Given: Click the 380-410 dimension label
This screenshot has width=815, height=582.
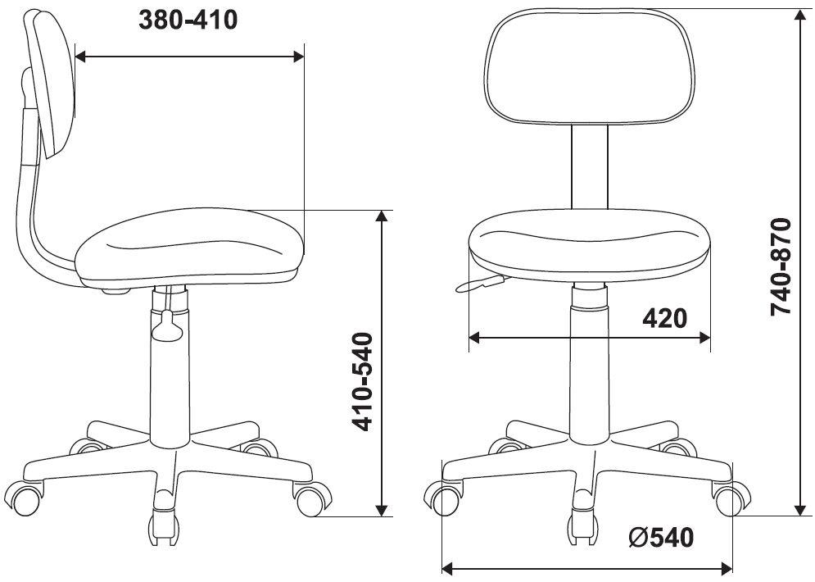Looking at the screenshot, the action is coord(188,20).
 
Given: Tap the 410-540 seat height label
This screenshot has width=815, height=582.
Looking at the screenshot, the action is coord(362,382).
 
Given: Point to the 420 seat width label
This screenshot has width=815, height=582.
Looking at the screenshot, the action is coord(664,318).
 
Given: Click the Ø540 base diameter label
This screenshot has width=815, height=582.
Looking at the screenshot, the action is coord(661,537).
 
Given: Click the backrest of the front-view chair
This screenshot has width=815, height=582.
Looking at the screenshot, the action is coord(589,66).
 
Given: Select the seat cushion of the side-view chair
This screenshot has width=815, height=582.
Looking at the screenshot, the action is coord(190,248).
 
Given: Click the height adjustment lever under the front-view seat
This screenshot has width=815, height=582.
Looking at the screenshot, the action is coord(480,283).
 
